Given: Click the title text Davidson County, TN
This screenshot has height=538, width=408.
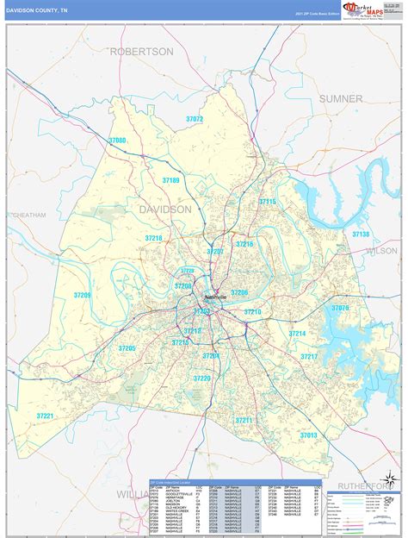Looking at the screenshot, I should [x=39, y=9].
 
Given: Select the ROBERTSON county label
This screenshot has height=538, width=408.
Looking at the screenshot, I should [x=142, y=52].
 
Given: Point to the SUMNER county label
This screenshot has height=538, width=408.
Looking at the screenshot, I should [x=341, y=99].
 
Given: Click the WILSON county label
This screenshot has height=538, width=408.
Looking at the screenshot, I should [x=382, y=251].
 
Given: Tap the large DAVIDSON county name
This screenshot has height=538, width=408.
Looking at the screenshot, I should [x=165, y=210].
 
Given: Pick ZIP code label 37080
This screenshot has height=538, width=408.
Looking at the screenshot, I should [x=117, y=140].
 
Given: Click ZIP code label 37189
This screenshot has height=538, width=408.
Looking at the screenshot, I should [x=170, y=180].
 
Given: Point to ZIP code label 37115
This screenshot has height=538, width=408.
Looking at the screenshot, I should [x=268, y=202].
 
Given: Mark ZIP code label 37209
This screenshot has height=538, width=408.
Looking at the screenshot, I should [x=82, y=295].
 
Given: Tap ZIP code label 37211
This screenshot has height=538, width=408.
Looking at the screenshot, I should [x=244, y=421].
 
